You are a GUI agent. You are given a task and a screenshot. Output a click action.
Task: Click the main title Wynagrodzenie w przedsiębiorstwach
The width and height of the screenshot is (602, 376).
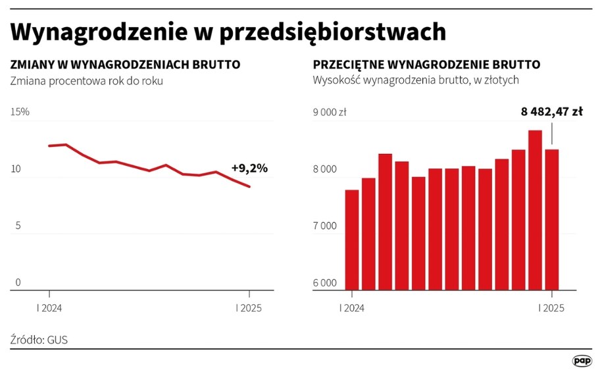pyautogui.click(x=228, y=32)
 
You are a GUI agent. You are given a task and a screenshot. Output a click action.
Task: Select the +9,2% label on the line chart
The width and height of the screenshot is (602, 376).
pyautogui.click(x=249, y=169)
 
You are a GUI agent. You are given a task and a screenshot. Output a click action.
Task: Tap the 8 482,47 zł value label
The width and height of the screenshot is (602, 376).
pyautogui.click(x=551, y=112)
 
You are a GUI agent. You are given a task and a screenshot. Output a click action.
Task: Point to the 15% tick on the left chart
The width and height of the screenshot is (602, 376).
pyautogui.click(x=20, y=112)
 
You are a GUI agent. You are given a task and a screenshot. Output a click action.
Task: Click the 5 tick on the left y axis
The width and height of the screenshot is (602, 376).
pyautogui.click(x=18, y=226)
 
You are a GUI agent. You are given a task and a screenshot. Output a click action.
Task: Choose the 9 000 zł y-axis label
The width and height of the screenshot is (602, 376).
pyautogui.click(x=330, y=112)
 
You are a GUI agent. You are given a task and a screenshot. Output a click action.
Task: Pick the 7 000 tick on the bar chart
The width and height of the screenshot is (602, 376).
pyautogui.click(x=324, y=226)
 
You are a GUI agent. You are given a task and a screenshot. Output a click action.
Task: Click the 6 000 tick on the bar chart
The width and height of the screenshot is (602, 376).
pyautogui.click(x=324, y=283)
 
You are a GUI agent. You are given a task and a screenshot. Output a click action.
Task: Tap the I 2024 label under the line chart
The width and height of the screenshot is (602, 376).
pyautogui.click(x=50, y=308)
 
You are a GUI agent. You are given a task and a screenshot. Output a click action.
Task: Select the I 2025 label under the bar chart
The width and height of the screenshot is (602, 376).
pyautogui.click(x=551, y=308)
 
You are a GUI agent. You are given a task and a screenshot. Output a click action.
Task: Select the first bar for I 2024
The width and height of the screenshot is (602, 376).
pyautogui.click(x=352, y=240)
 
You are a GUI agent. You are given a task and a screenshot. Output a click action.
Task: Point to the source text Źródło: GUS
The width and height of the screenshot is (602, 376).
pyautogui.click(x=39, y=340)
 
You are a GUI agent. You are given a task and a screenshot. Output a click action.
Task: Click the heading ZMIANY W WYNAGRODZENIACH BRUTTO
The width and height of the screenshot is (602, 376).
pyautogui.click(x=125, y=65)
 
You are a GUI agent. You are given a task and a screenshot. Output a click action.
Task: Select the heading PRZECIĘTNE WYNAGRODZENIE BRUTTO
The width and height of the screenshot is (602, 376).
pyautogui.click(x=426, y=65)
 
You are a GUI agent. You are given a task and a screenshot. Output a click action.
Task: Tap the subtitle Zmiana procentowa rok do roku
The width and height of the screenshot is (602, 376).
pyautogui.click(x=86, y=81)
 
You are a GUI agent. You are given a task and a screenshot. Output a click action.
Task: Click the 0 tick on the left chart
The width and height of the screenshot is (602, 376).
pyautogui.click(x=18, y=283)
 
